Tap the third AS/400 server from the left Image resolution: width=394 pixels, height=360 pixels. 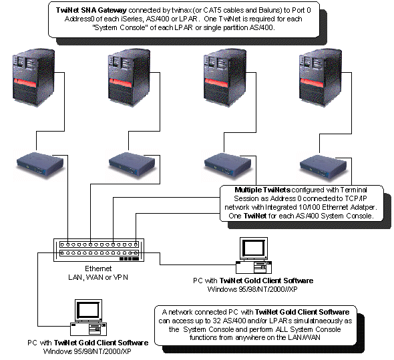point(220,79)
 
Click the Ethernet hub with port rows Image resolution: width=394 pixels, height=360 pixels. point(99,249)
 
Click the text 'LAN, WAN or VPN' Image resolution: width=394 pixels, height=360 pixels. point(97,276)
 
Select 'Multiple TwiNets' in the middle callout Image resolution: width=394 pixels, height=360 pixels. point(262,190)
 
